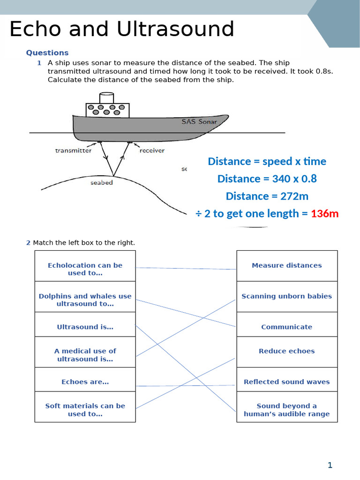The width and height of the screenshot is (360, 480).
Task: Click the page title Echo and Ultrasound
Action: point(122,29)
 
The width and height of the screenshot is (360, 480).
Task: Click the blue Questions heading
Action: point(47,53)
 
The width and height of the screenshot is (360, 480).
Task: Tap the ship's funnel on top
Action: point(106,98)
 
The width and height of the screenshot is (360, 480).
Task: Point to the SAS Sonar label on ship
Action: point(199,121)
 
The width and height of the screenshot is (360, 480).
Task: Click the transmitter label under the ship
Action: point(73,150)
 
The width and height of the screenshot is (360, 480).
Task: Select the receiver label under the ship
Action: point(152,150)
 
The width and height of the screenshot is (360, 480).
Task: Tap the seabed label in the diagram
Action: point(102,183)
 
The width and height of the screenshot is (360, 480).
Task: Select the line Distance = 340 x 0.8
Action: point(267,179)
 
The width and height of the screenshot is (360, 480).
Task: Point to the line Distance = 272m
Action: point(267,196)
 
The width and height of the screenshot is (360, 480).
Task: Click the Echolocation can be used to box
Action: point(85,269)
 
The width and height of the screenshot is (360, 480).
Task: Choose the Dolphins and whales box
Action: point(85,300)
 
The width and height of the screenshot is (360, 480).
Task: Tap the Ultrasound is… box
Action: point(85,327)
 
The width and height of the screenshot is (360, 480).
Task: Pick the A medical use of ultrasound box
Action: point(85,355)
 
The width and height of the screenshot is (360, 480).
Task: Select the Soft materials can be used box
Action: point(85,410)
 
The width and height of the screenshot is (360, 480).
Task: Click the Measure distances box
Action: point(287,265)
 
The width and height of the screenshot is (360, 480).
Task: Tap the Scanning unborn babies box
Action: point(287,296)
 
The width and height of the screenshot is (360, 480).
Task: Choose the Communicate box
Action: point(287,327)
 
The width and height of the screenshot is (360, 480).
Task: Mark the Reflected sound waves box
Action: point(287,382)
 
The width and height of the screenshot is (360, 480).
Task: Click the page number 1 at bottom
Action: point(330,465)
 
